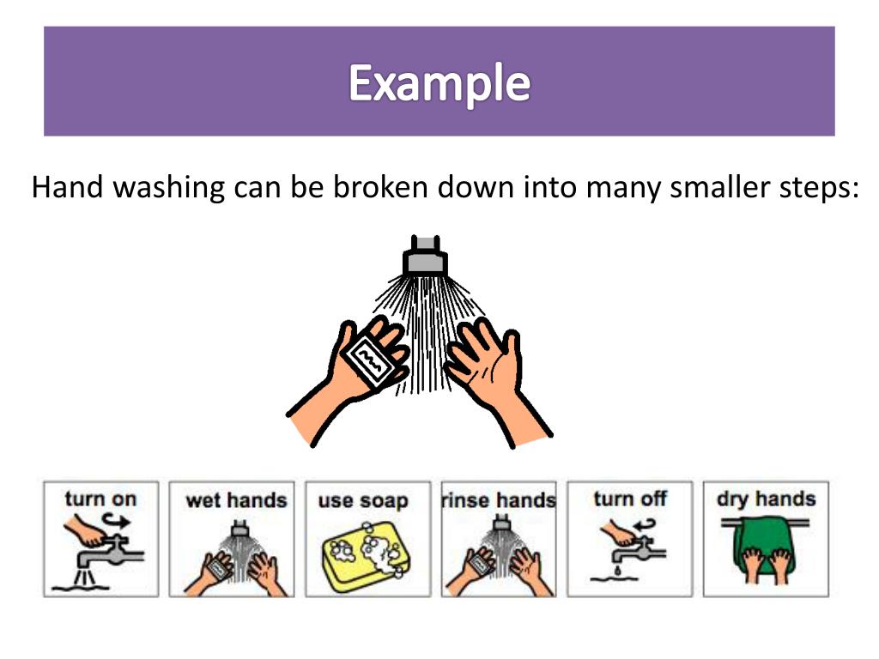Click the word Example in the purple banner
[439, 83]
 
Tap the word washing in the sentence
[169, 186]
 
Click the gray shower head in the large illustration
[425, 256]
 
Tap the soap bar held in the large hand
[369, 361]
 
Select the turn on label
[101, 499]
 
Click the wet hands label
[236, 500]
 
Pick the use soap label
[363, 501]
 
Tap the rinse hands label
[499, 500]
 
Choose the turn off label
[630, 499]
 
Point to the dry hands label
[766, 499]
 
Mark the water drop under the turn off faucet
[618, 571]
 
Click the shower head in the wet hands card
[239, 529]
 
